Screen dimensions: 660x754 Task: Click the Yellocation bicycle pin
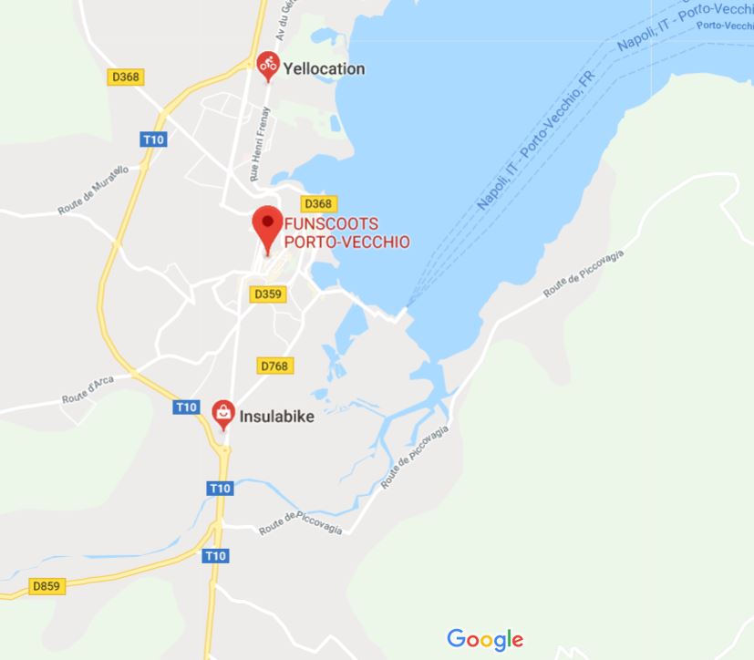(267, 65)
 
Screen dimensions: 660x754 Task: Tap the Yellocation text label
(324, 68)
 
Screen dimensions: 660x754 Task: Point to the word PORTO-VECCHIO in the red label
(346, 242)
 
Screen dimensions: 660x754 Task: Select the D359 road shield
(268, 294)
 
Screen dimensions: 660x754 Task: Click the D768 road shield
(274, 366)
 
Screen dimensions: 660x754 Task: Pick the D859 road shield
(46, 586)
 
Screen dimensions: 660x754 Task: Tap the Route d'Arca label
(88, 390)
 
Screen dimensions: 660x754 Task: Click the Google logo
(485, 639)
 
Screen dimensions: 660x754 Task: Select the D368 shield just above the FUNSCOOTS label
(317, 203)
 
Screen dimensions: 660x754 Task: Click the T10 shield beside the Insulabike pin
(186, 407)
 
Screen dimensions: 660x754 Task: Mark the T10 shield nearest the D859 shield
(214, 555)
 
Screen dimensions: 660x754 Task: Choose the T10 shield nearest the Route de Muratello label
(152, 139)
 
